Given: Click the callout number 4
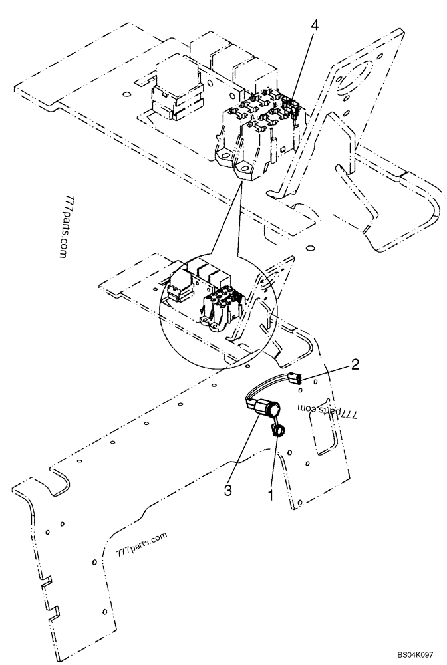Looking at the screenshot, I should [x=315, y=25].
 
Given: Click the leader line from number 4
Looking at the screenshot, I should [x=303, y=63].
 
